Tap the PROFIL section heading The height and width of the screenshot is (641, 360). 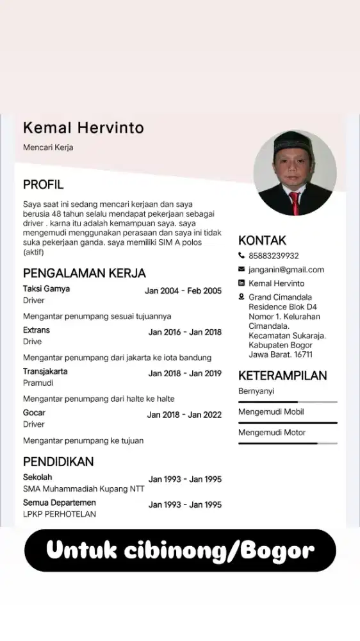tap(43, 185)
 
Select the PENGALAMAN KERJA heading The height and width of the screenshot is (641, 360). tap(85, 273)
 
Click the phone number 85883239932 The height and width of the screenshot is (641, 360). tap(274, 256)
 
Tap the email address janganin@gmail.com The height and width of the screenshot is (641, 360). tap(286, 270)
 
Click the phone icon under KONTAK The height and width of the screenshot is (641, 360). tap(241, 256)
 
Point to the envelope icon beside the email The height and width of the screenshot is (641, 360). tap(241, 270)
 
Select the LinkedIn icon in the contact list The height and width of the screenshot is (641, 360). tap(241, 283)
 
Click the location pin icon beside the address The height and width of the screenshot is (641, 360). tap(241, 297)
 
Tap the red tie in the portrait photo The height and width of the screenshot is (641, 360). tap(294, 203)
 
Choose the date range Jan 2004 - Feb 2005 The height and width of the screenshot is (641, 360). tap(183, 291)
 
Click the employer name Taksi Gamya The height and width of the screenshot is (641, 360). tap(46, 289)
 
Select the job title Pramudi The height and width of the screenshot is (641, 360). tap(38, 383)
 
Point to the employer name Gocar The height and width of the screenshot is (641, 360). tap(34, 413)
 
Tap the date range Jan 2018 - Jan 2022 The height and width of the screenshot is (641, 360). tap(184, 415)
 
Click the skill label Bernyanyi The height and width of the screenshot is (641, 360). tap(256, 391)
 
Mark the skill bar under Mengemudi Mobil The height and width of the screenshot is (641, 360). tap(288, 422)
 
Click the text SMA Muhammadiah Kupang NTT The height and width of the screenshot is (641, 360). tap(83, 489)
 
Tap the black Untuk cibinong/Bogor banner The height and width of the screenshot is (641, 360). tap(180, 550)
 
